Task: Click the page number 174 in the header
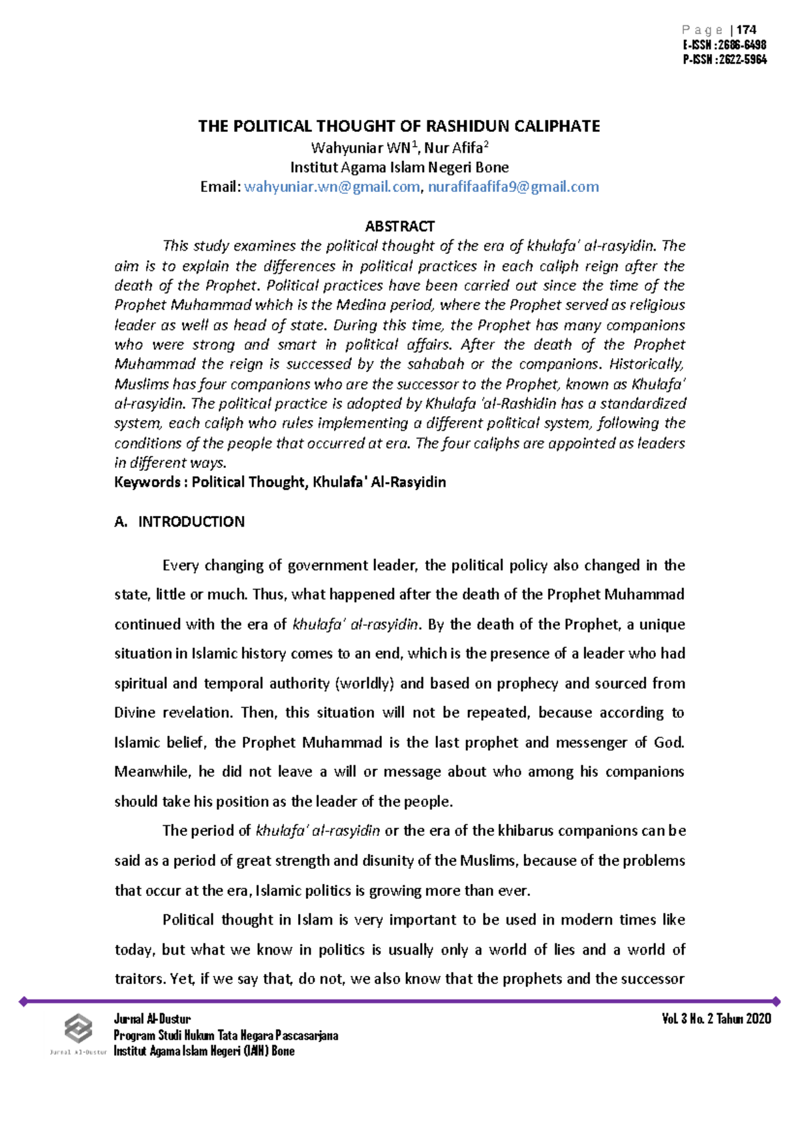(747, 30)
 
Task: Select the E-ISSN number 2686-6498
(743, 45)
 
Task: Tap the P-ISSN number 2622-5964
(743, 59)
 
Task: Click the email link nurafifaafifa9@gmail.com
(513, 187)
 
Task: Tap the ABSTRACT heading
(399, 226)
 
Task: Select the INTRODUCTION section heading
(191, 521)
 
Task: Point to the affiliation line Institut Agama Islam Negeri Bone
(399, 167)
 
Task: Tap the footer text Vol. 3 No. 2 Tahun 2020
(717, 1019)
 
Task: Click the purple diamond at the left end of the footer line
(23, 1001)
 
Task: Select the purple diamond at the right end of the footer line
(775, 1001)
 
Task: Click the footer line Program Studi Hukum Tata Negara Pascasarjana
(226, 1035)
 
